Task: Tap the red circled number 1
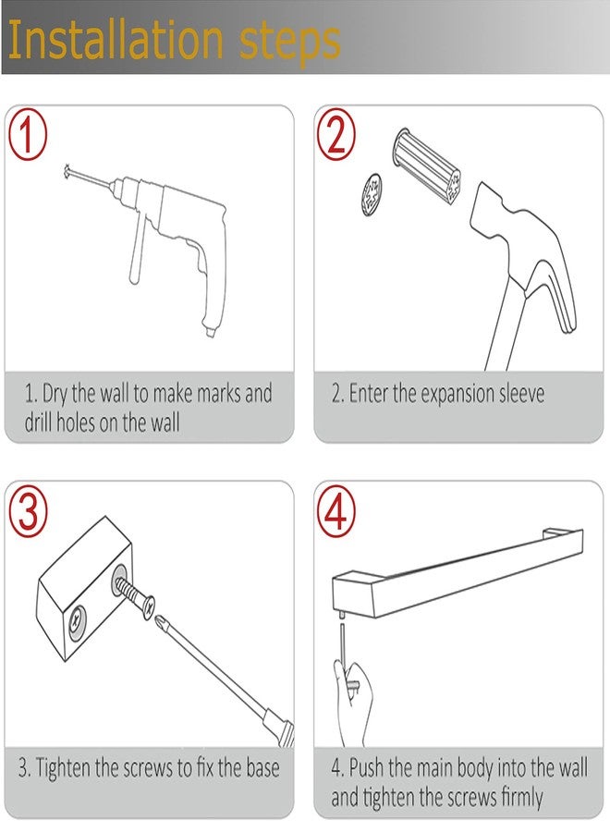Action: coord(28,135)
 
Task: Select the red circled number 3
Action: coord(28,513)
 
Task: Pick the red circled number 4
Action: coord(336,512)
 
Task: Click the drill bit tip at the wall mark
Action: coord(67,170)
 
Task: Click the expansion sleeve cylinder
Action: coord(426,165)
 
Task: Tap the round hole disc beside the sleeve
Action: coord(372,194)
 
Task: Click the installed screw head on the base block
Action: coord(78,620)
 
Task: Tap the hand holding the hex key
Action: coord(352,702)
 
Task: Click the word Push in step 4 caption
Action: coord(367,768)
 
